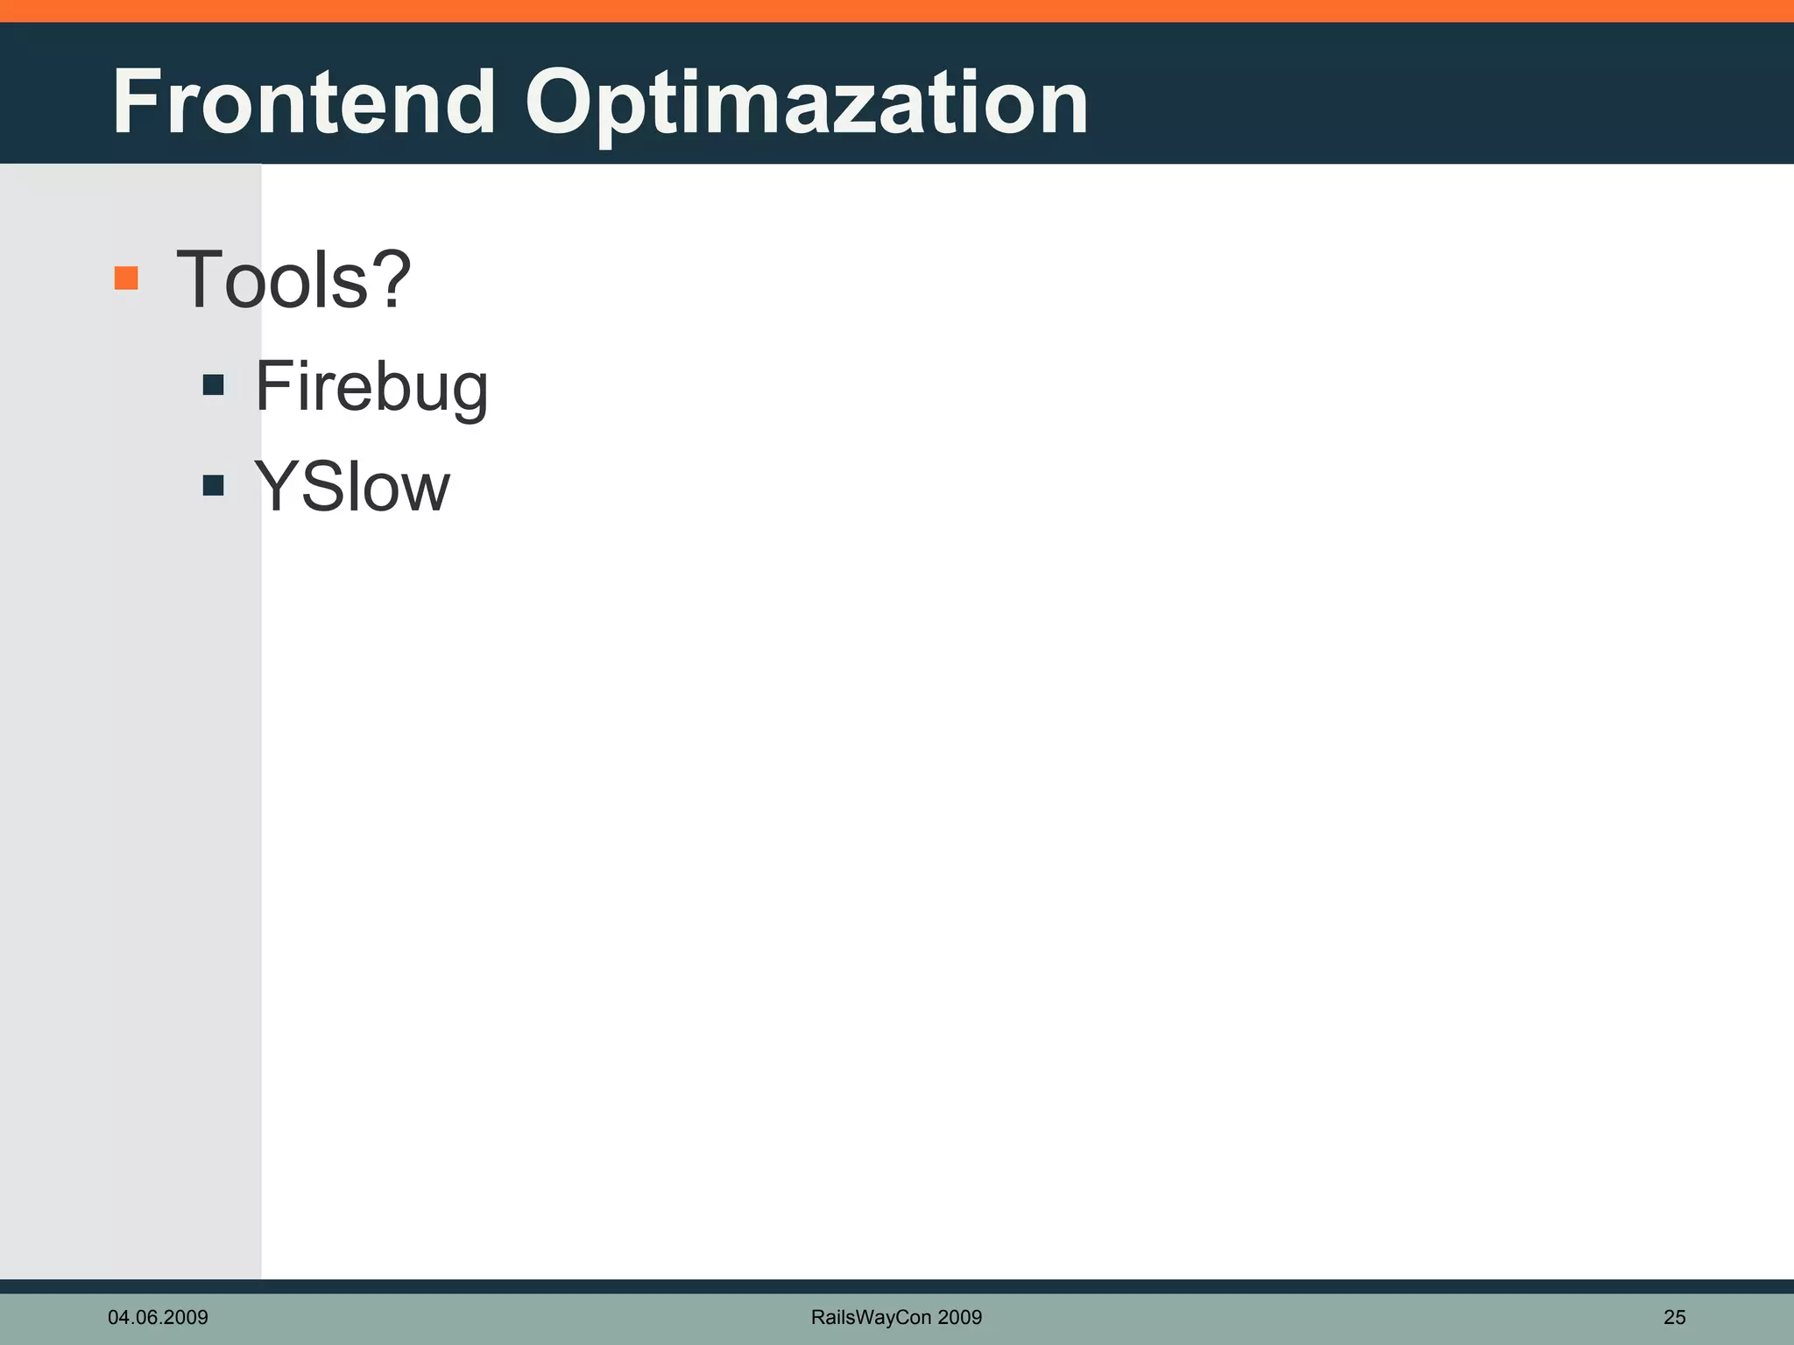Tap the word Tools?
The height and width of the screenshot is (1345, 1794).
[293, 280]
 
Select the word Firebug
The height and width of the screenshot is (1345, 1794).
[371, 387]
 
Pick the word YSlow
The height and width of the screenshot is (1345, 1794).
[352, 487]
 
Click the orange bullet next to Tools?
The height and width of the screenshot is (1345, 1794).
[126, 278]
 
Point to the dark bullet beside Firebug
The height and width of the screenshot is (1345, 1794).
[213, 385]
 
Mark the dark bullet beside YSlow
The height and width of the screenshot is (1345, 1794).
[213, 485]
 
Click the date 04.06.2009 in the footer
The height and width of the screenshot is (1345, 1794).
[158, 1317]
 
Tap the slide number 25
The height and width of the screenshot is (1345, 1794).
[1674, 1317]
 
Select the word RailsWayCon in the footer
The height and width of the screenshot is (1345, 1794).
[871, 1317]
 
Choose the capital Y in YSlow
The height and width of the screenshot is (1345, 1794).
[275, 487]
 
